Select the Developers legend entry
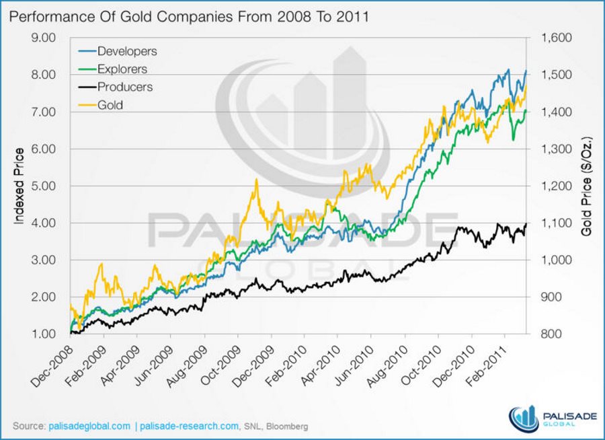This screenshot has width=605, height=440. (x=126, y=51)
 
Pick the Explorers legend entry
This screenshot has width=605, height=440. (x=122, y=69)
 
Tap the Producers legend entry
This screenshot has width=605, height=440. (x=124, y=87)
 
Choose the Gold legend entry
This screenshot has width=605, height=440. (x=110, y=105)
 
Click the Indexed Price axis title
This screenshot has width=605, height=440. (x=18, y=186)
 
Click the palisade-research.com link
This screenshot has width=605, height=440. (x=189, y=427)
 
